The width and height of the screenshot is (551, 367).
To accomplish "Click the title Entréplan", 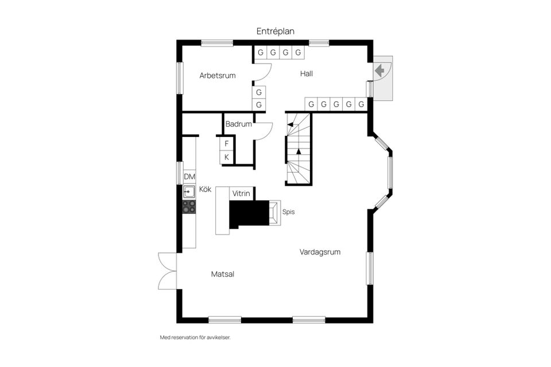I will pyautogui.click(x=275, y=32).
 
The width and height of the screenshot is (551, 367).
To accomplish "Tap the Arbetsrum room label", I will pyautogui.click(x=218, y=75).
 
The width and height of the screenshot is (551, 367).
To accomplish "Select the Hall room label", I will pyautogui.click(x=306, y=73).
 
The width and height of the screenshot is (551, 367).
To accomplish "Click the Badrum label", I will pyautogui.click(x=238, y=124).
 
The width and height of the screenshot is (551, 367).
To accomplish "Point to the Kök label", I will pyautogui.click(x=205, y=189).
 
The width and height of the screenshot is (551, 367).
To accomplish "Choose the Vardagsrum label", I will pyautogui.click(x=320, y=251).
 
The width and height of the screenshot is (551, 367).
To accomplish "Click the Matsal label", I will pyautogui.click(x=223, y=274).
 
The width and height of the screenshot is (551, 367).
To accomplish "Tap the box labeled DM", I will pyautogui.click(x=189, y=177).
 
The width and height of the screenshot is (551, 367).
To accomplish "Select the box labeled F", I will pyautogui.click(x=227, y=143).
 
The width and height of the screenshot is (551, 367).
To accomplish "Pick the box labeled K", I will pyautogui.click(x=227, y=157).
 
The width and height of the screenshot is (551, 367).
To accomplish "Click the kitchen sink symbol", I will pyautogui.click(x=189, y=192).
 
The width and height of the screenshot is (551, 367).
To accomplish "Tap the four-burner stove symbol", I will pyautogui.click(x=189, y=206).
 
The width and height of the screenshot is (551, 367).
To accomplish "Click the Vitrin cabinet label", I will pyautogui.click(x=241, y=194).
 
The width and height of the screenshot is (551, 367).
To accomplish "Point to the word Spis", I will pyautogui.click(x=288, y=212).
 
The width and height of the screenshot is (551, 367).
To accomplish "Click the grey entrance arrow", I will pyautogui.click(x=380, y=71).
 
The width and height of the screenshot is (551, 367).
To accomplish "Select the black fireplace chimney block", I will pyautogui.click(x=249, y=213).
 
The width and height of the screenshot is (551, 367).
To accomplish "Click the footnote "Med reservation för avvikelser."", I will pyautogui.click(x=195, y=338).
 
